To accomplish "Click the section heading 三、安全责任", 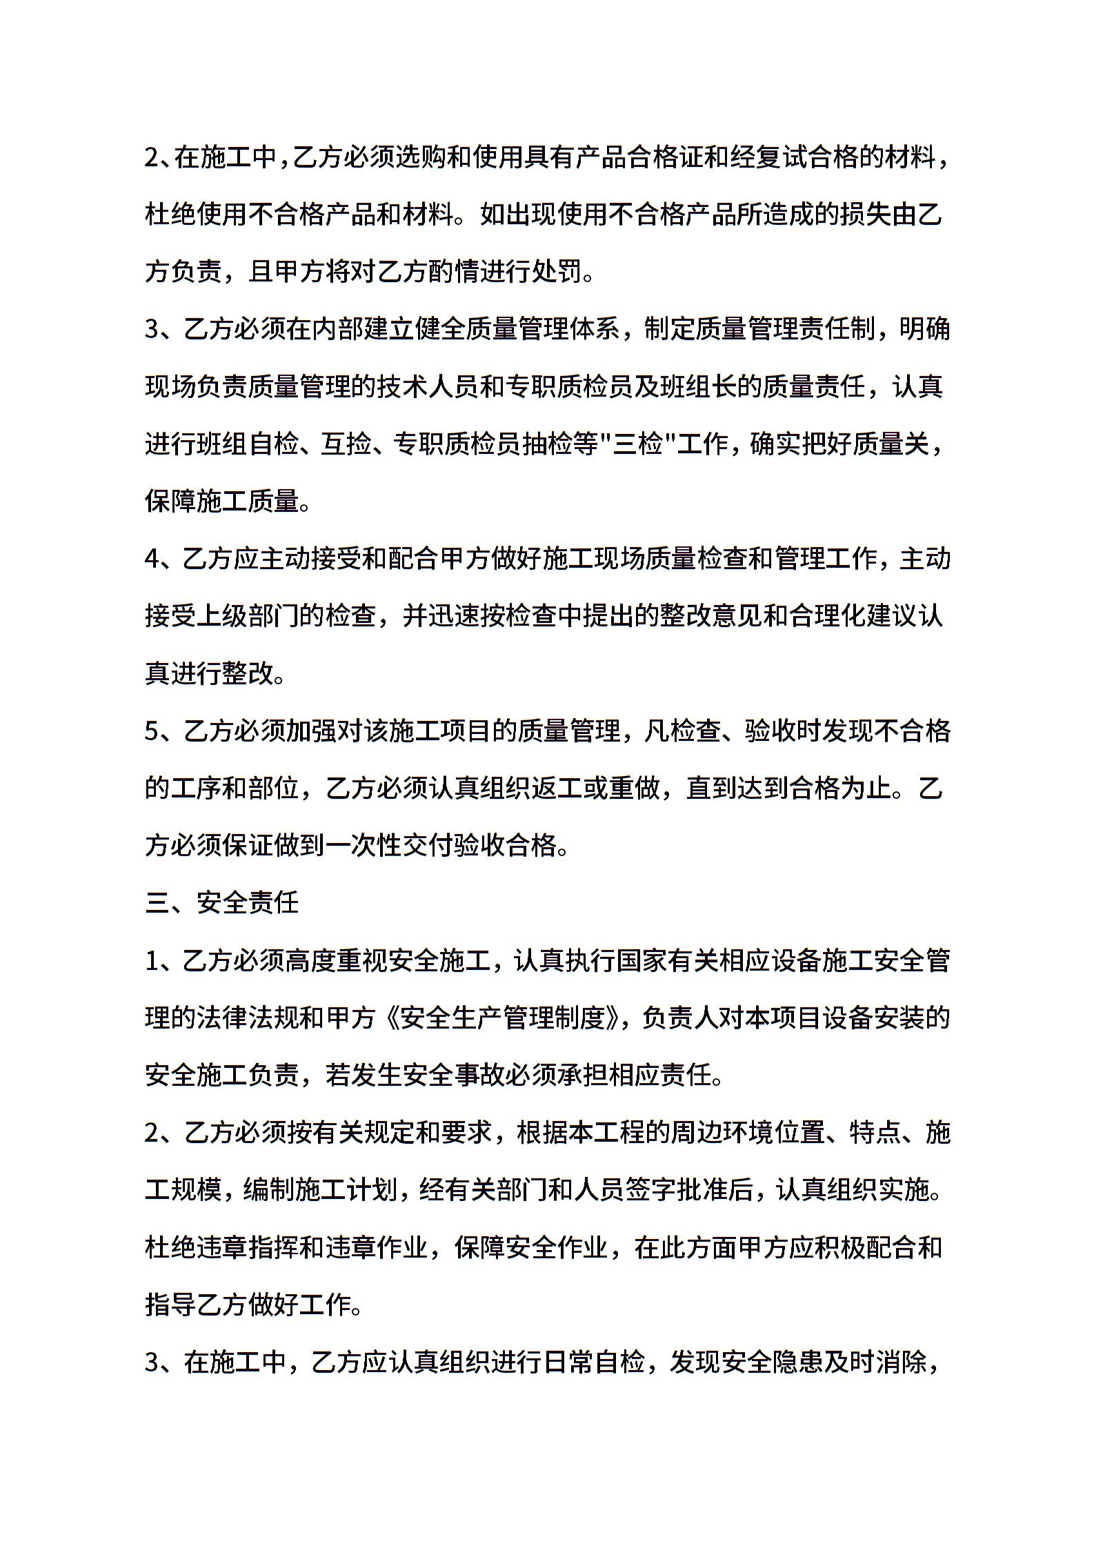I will [x=221, y=902].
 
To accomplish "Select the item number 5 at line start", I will [x=152, y=731].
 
